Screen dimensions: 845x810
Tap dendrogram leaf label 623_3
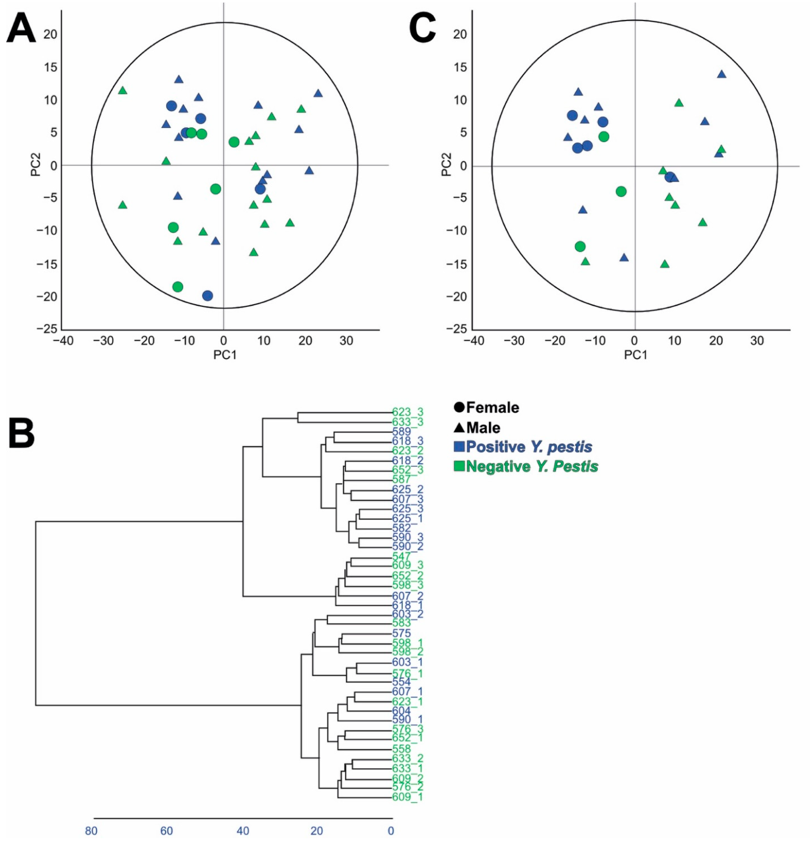(x=407, y=412)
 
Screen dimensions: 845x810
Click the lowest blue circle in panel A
(x=208, y=296)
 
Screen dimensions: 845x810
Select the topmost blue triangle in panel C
(x=722, y=74)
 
